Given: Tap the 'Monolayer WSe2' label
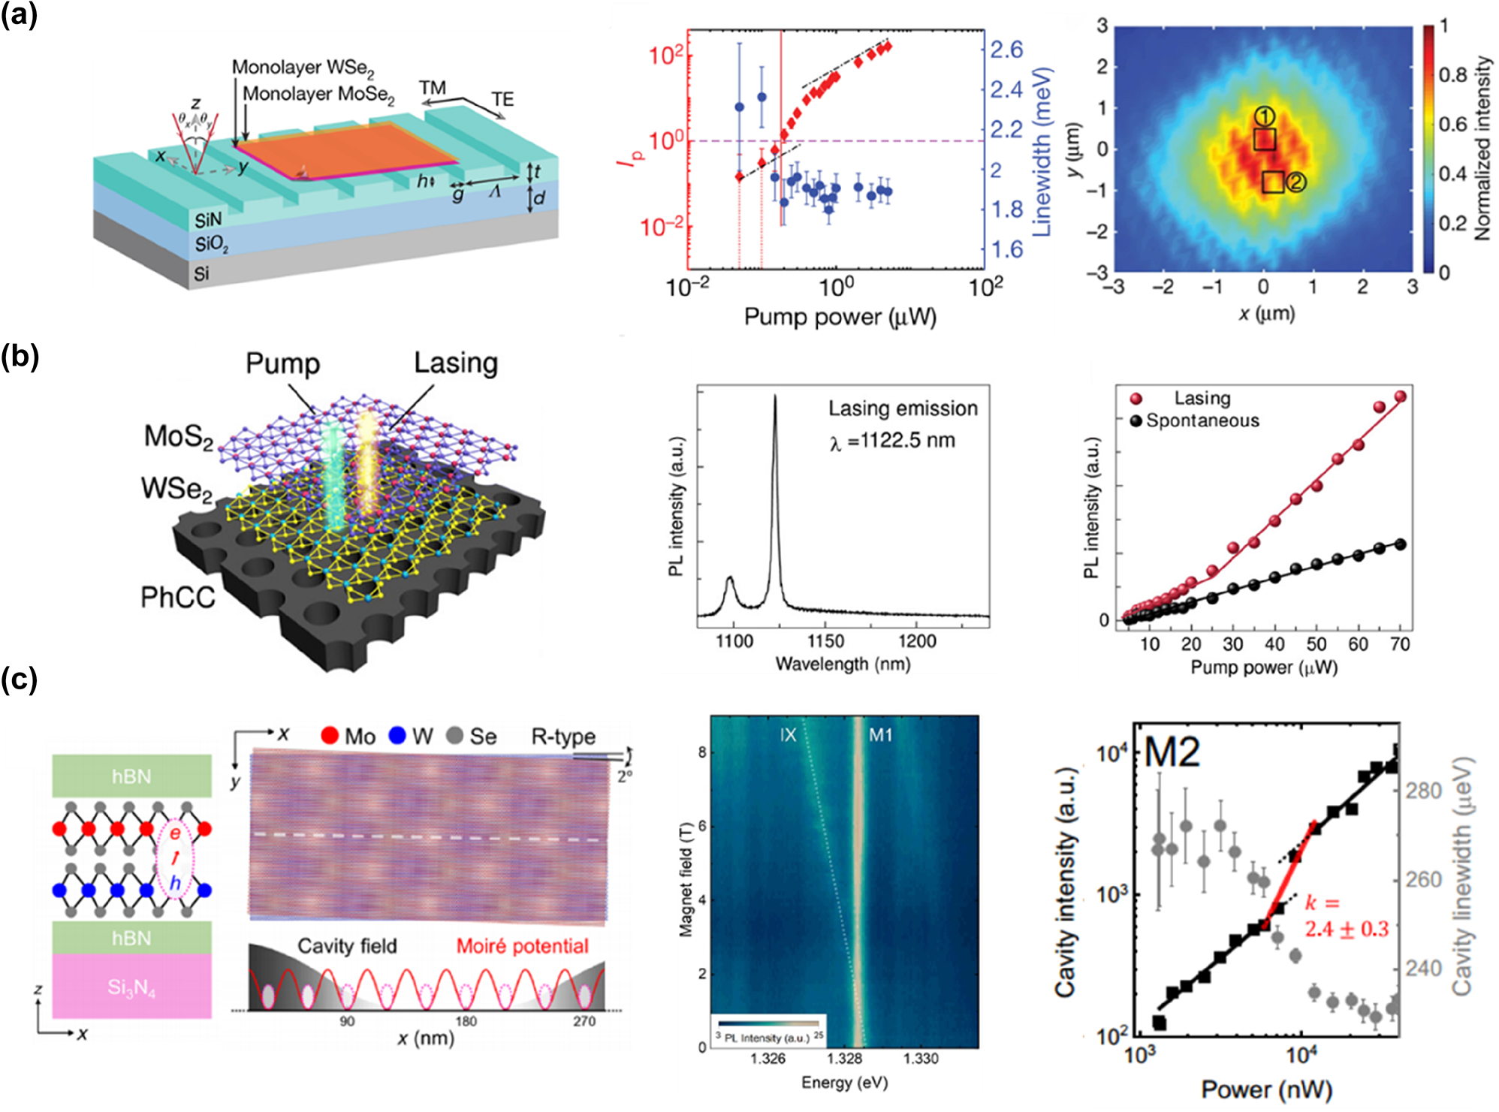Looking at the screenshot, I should click(302, 68).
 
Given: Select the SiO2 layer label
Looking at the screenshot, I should click(211, 244).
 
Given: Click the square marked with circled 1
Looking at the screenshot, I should click(1264, 140).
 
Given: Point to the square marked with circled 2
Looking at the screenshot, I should click(1272, 182).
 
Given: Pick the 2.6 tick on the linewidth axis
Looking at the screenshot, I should click(1006, 50).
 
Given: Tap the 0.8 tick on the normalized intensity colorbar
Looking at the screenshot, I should click(1452, 74).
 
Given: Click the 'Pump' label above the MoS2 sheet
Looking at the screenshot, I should click(282, 363).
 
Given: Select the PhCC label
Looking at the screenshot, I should click(177, 598).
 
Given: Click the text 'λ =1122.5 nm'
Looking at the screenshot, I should click(891, 441).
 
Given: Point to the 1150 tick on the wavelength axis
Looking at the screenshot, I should click(825, 641).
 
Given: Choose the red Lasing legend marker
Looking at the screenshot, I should click(1136, 399).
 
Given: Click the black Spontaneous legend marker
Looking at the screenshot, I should click(1136, 420).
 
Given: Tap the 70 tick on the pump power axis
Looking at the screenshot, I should click(1400, 643).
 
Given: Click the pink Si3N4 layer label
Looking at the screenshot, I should click(131, 987).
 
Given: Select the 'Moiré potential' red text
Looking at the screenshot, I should click(522, 946).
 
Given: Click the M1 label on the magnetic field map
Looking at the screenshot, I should click(879, 735).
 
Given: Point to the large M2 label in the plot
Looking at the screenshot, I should click(1172, 752).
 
